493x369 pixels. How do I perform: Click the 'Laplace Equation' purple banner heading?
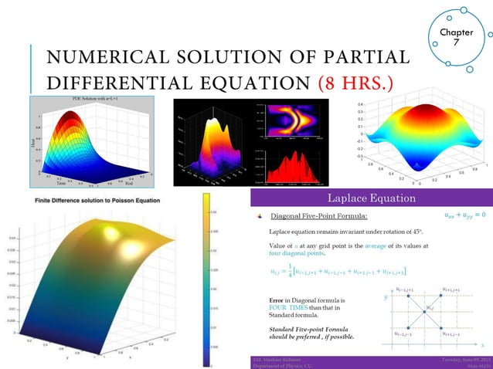[x=372, y=198]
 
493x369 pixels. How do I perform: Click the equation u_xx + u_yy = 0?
[x=460, y=214]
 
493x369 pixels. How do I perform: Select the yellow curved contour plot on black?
[x=292, y=120]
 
